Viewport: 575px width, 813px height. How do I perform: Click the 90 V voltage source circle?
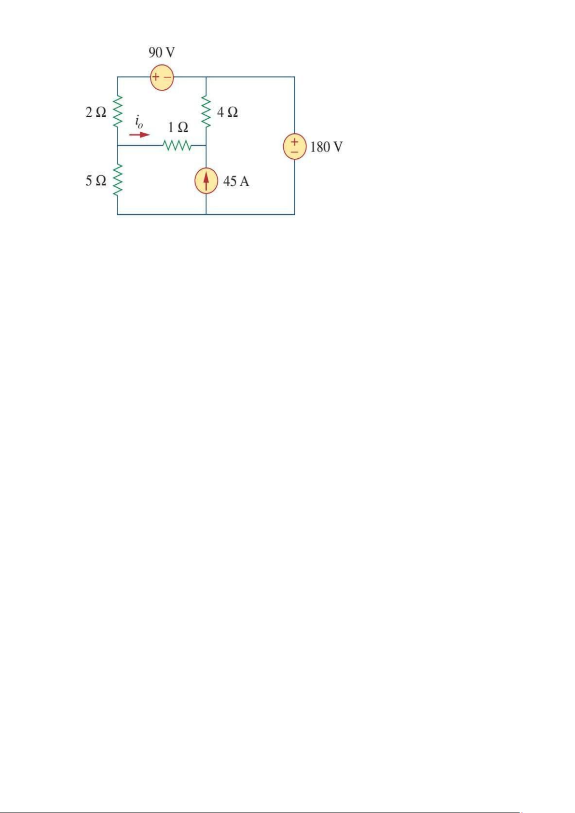pyautogui.click(x=162, y=77)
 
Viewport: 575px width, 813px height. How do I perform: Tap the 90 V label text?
pyautogui.click(x=162, y=53)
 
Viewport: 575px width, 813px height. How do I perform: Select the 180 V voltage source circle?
pyautogui.click(x=295, y=146)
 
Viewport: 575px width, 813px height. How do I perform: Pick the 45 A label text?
pyautogui.click(x=236, y=181)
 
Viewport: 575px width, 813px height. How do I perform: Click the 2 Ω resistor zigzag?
pyautogui.click(x=118, y=111)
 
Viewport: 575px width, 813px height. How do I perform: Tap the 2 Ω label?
pyautogui.click(x=96, y=112)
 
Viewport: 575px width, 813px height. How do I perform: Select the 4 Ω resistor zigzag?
pyautogui.click(x=206, y=111)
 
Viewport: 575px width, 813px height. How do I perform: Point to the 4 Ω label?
pyautogui.click(x=228, y=112)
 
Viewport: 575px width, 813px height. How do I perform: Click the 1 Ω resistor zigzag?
pyautogui.click(x=178, y=145)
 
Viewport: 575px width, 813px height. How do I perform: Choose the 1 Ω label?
pyautogui.click(x=178, y=127)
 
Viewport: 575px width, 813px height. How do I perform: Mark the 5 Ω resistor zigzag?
pyautogui.click(x=118, y=180)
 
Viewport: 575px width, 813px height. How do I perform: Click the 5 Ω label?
pyautogui.click(x=96, y=181)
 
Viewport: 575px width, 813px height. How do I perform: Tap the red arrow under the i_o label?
pyautogui.click(x=140, y=135)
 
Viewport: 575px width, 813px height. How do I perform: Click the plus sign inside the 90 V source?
pyautogui.click(x=155, y=77)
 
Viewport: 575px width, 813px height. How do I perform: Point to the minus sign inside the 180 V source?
pyautogui.click(x=295, y=152)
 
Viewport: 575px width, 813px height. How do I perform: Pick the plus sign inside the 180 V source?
pyautogui.click(x=295, y=141)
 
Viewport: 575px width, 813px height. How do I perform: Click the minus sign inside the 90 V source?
pyautogui.click(x=167, y=77)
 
